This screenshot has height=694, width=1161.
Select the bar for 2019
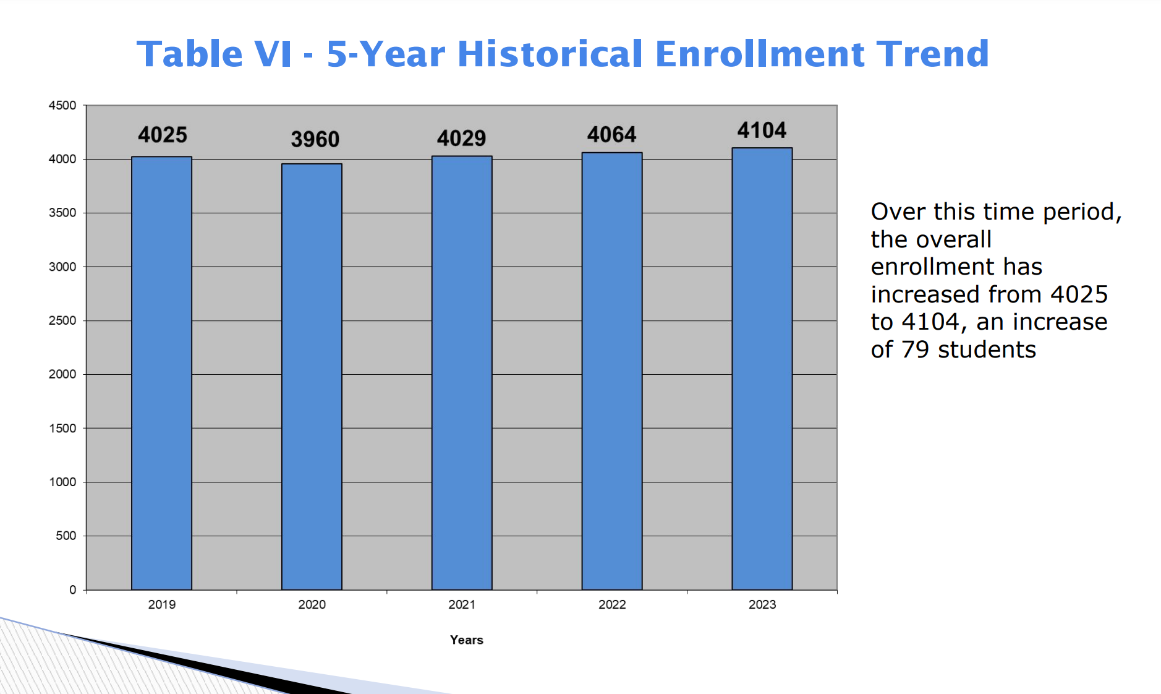pyautogui.click(x=161, y=373)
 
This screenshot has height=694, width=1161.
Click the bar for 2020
pyautogui.click(x=312, y=377)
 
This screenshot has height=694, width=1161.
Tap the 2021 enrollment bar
pyautogui.click(x=462, y=373)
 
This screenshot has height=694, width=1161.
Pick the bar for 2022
pyautogui.click(x=612, y=371)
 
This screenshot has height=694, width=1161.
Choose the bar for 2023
pyautogui.click(x=762, y=369)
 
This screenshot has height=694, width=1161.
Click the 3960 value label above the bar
pyautogui.click(x=315, y=139)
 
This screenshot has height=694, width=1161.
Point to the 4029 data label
pyautogui.click(x=462, y=138)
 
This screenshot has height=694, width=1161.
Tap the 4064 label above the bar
pyautogui.click(x=612, y=134)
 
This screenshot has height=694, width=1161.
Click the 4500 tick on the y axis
pyautogui.click(x=62, y=105)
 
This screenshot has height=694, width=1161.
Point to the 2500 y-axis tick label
pyautogui.click(x=62, y=320)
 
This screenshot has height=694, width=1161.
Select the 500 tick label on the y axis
pyautogui.click(x=66, y=536)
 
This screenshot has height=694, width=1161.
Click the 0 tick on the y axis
pyautogui.click(x=73, y=589)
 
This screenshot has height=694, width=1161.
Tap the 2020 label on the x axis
pyautogui.click(x=312, y=604)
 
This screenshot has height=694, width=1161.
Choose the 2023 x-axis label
pyautogui.click(x=762, y=604)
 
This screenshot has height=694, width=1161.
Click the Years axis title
pyautogui.click(x=467, y=640)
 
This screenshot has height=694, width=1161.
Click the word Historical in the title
pyautogui.click(x=550, y=54)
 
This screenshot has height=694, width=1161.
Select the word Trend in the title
pyautogui.click(x=933, y=54)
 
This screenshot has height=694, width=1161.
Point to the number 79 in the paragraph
pyautogui.click(x=915, y=349)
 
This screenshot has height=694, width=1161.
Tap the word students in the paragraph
pyautogui.click(x=987, y=349)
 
